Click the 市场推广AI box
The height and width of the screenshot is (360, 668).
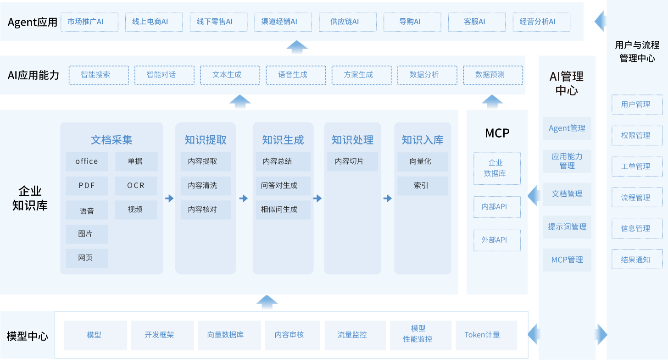pos(89,22)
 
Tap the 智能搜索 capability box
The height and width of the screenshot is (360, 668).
pos(98,75)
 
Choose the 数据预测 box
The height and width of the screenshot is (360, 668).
pos(493,75)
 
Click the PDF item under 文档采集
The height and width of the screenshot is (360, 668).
pos(87,186)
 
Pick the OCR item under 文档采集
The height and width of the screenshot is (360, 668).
pos(136,186)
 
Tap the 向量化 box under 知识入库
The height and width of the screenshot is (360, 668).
pos(421,161)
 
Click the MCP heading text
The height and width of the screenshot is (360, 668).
pos(497,133)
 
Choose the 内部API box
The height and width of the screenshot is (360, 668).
pos(497,207)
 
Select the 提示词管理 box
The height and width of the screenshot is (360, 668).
pos(567,227)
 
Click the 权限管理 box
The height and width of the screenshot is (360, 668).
pos(637,136)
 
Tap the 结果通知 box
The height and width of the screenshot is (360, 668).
pos(637,260)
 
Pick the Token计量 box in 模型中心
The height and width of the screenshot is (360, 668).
pos(486,335)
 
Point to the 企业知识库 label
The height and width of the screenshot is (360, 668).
pos(30,198)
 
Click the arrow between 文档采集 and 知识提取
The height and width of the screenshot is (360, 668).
pos(169,199)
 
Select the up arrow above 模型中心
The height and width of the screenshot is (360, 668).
pos(267,303)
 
